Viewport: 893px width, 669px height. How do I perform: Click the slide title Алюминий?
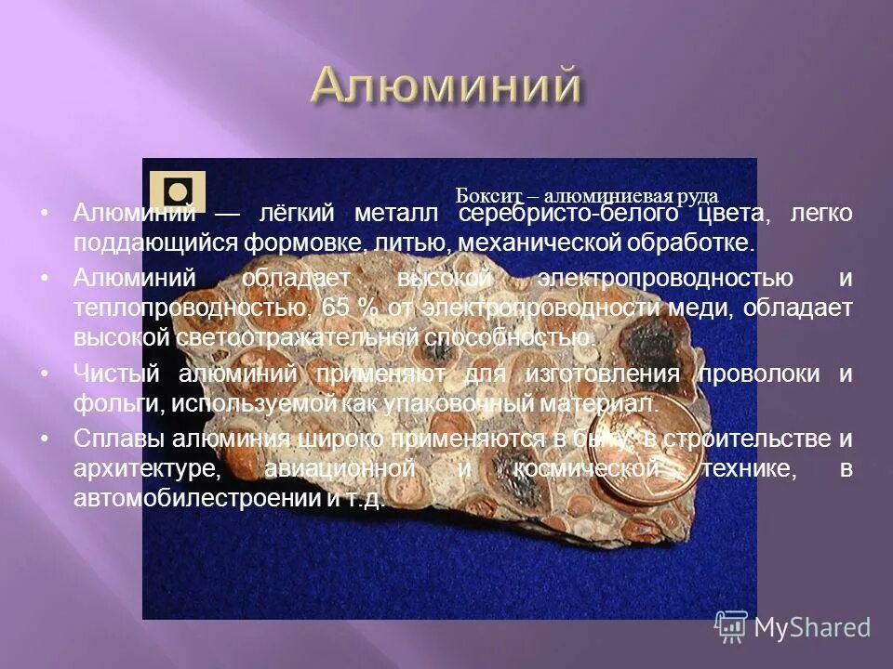[446, 86]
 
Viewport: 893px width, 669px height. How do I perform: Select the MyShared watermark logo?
[793, 627]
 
